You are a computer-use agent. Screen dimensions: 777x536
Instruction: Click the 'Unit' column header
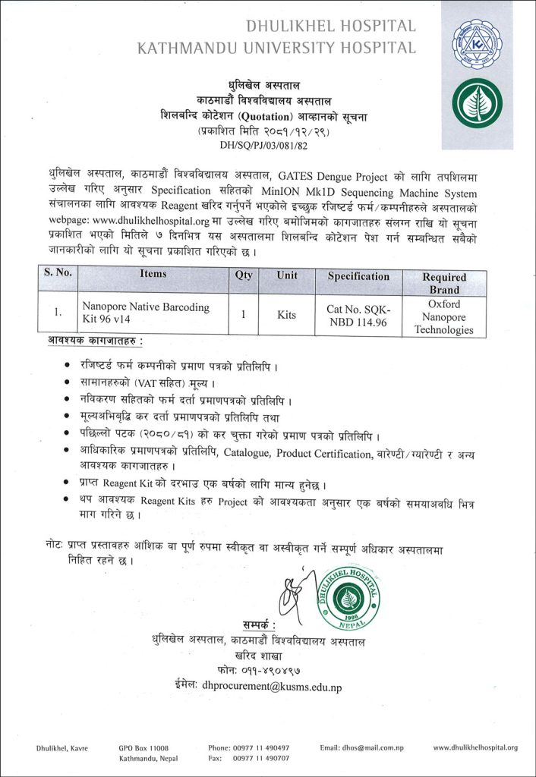click(287, 275)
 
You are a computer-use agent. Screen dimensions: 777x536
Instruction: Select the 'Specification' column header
click(358, 276)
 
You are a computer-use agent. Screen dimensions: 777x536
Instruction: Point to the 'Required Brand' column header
click(444, 283)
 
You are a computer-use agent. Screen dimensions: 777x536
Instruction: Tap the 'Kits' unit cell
click(287, 313)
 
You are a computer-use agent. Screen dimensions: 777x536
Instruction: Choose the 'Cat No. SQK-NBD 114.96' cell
click(358, 313)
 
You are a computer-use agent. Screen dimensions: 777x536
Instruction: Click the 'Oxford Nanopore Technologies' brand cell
click(444, 316)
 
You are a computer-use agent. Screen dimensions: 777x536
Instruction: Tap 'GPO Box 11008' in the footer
click(143, 747)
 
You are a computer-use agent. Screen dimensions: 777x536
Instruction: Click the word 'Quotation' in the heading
click(266, 116)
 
